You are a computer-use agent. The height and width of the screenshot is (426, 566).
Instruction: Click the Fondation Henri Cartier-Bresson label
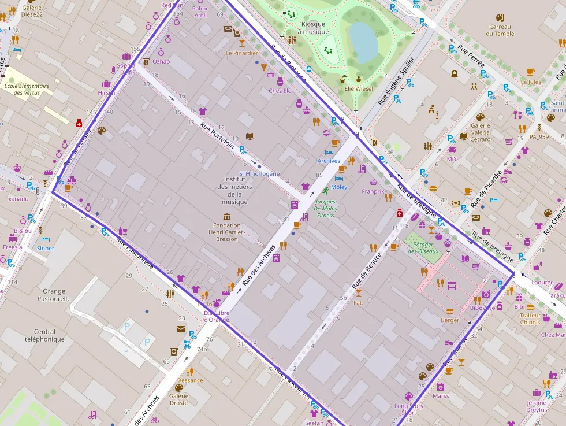[227, 232]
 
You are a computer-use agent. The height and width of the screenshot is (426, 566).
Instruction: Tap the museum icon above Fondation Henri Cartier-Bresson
[227, 217]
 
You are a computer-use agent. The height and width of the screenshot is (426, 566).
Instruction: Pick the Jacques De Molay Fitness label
[325, 209]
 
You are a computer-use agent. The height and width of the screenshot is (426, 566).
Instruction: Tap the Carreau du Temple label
[500, 30]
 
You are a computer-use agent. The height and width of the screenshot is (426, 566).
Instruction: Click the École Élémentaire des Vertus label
[27, 89]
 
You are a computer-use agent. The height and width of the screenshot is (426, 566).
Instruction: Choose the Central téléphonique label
[44, 336]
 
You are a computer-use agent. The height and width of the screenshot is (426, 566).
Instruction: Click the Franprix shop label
[373, 191]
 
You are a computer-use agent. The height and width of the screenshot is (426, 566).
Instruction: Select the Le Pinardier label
[242, 53]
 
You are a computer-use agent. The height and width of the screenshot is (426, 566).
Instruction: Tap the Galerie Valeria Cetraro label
[480, 132]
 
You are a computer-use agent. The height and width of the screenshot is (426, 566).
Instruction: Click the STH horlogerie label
[260, 173]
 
